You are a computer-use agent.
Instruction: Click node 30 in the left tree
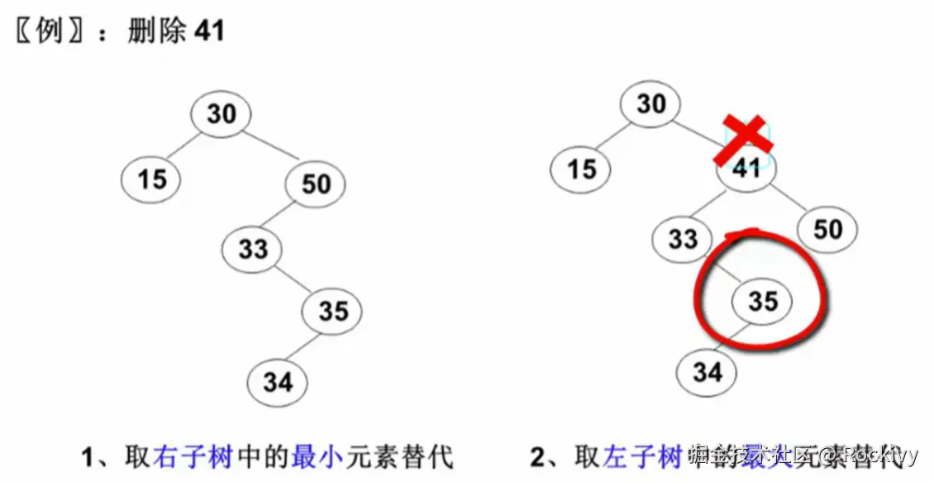pyautogui.click(x=221, y=114)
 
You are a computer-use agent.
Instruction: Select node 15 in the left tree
pyautogui.click(x=152, y=178)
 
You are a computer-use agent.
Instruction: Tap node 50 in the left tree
pyautogui.click(x=316, y=184)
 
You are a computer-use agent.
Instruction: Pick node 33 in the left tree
pyautogui.click(x=252, y=248)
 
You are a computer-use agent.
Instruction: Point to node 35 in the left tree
pyautogui.click(x=332, y=311)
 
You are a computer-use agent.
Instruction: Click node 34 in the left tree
pyautogui.click(x=278, y=382)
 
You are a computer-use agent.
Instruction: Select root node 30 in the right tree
pyautogui.click(x=650, y=104)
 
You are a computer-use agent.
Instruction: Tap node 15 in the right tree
pyautogui.click(x=581, y=169)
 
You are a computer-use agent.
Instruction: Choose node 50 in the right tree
pyautogui.click(x=827, y=229)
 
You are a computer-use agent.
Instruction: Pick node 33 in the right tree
pyautogui.click(x=682, y=239)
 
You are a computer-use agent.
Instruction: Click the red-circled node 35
pyautogui.click(x=762, y=301)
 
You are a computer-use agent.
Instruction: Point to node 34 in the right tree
pyautogui.click(x=707, y=373)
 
